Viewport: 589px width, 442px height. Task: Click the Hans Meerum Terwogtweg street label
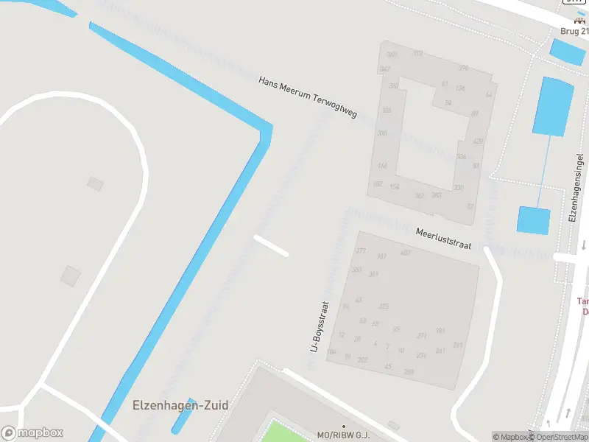tap(307, 97)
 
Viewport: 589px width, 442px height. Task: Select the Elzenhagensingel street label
tap(577, 188)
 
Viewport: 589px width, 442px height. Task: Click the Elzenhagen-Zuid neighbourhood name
tap(180, 405)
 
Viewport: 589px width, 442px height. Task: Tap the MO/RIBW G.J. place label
tap(342, 436)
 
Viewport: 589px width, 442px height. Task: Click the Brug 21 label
tap(574, 32)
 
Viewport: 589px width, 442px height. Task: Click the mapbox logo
tap(32, 433)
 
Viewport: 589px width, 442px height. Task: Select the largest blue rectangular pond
tap(553, 106)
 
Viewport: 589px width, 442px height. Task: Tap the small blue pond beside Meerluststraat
tap(534, 221)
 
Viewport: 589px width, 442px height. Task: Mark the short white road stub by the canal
tap(270, 245)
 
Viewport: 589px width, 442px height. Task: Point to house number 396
tap(463, 68)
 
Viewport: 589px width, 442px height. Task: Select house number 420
tap(478, 141)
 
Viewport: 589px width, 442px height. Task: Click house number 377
tap(361, 251)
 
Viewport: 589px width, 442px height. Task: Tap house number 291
tap(458, 345)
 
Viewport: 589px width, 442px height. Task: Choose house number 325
tap(383, 306)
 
